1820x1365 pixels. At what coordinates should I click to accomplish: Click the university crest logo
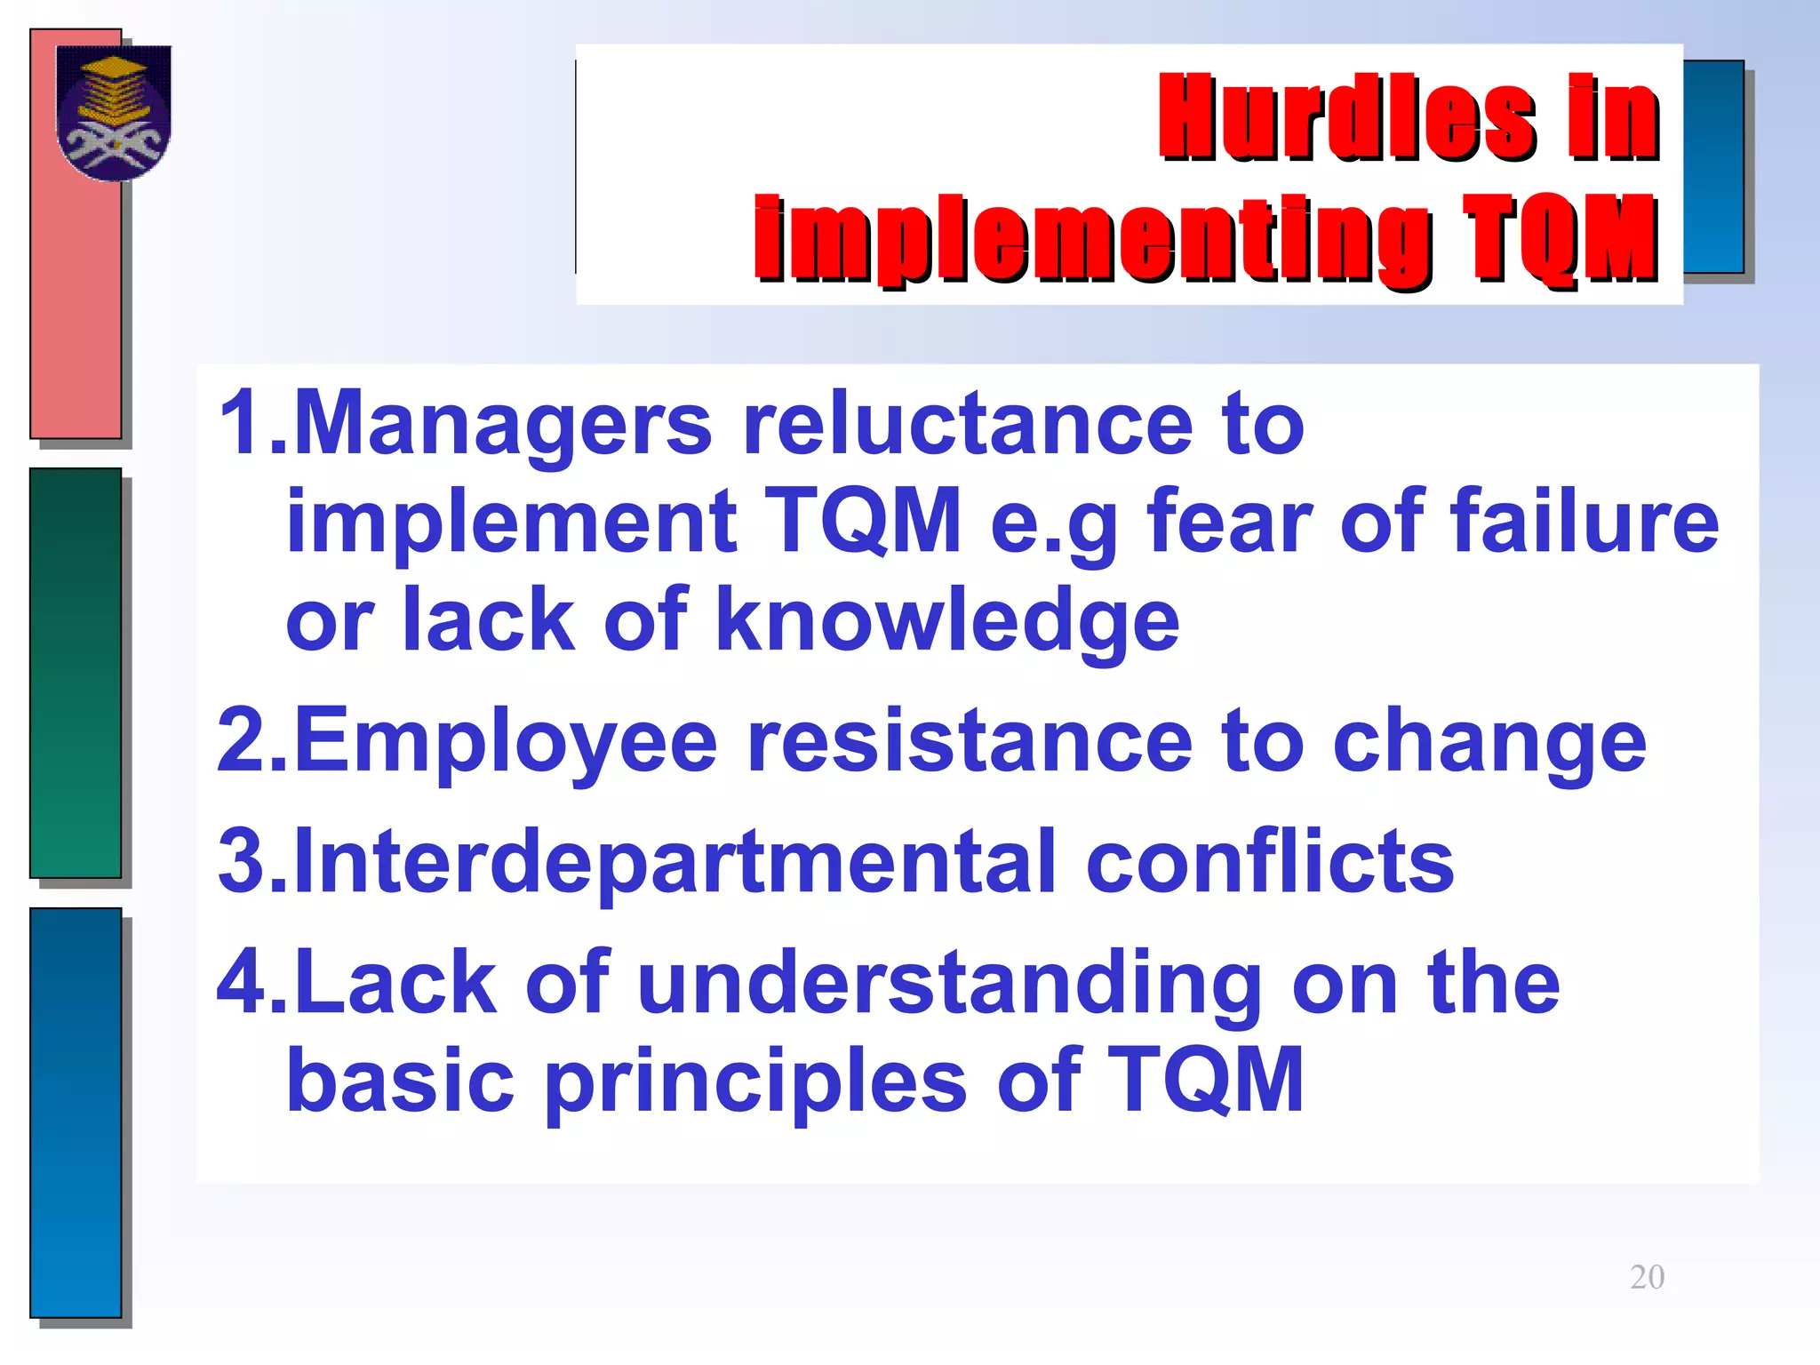pos(113,113)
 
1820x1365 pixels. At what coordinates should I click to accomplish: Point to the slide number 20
pos(1647,1277)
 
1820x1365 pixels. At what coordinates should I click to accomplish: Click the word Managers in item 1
pos(503,425)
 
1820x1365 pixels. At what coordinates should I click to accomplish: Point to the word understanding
pos(949,982)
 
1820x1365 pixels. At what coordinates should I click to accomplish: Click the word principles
pos(755,1080)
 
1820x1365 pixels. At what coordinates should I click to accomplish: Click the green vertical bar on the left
pos(76,673)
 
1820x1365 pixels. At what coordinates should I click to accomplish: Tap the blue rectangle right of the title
pos(1712,166)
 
